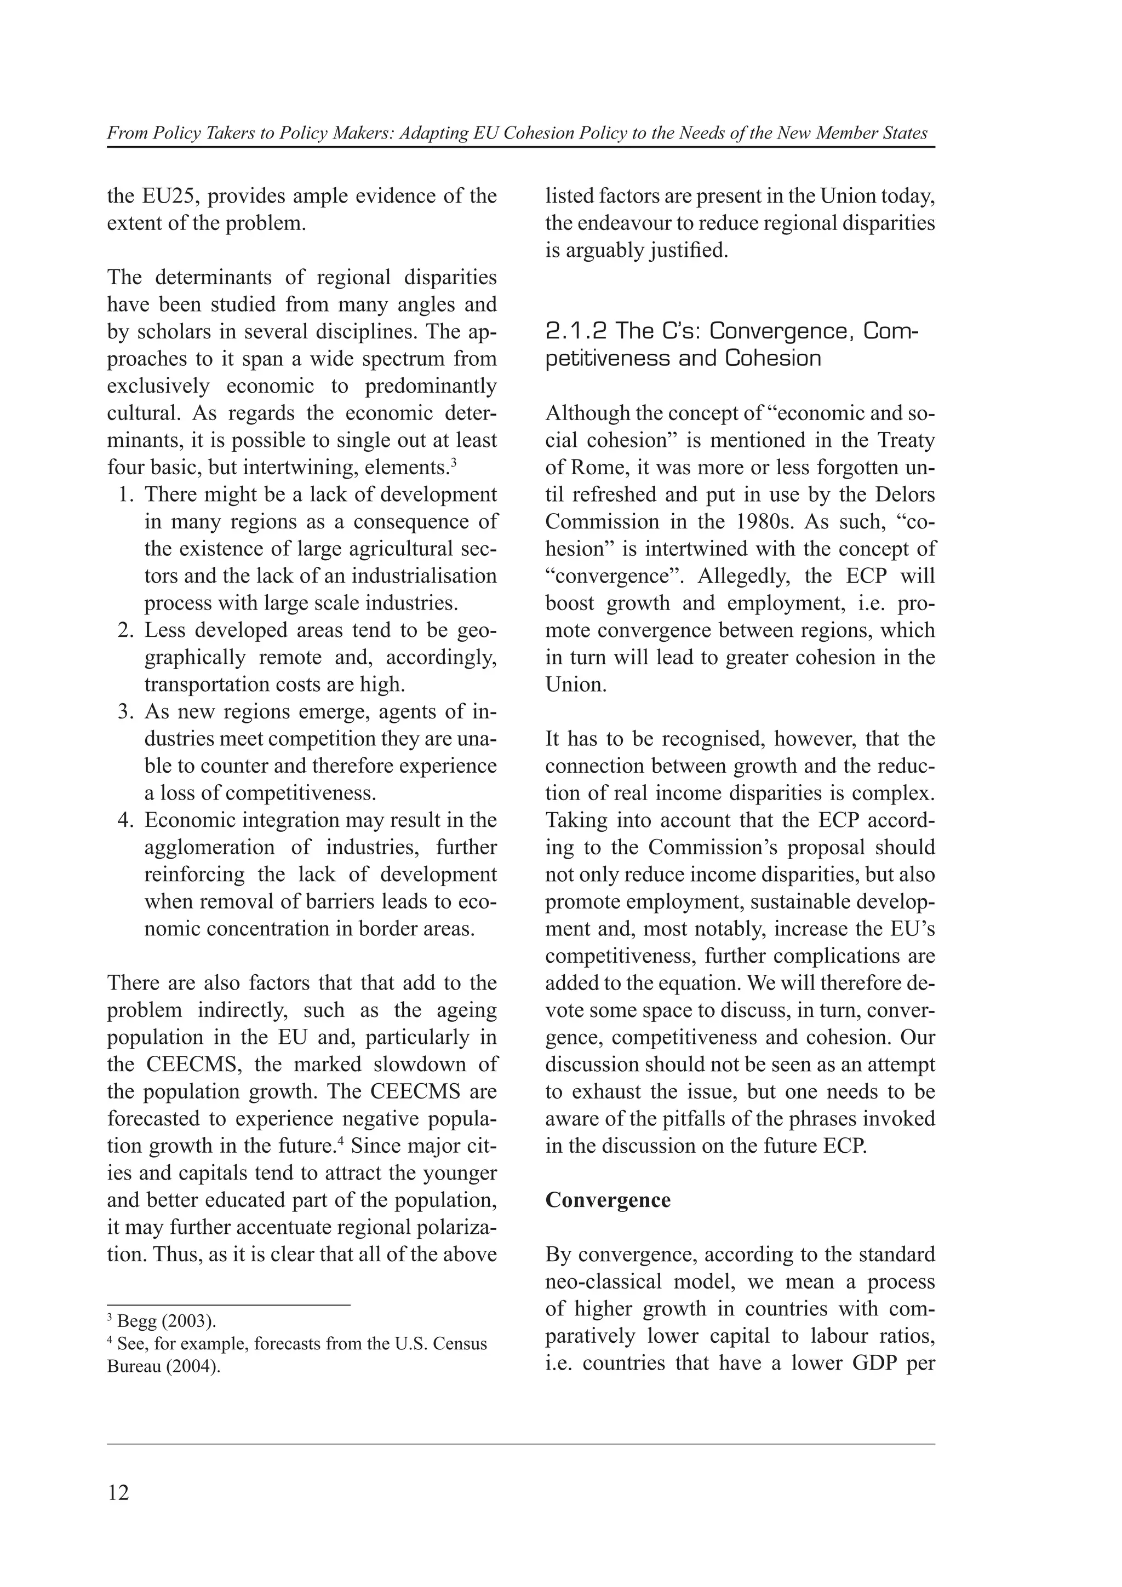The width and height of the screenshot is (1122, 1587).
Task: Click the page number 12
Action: tap(118, 1493)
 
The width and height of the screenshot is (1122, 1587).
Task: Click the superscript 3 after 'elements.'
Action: tap(454, 462)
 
